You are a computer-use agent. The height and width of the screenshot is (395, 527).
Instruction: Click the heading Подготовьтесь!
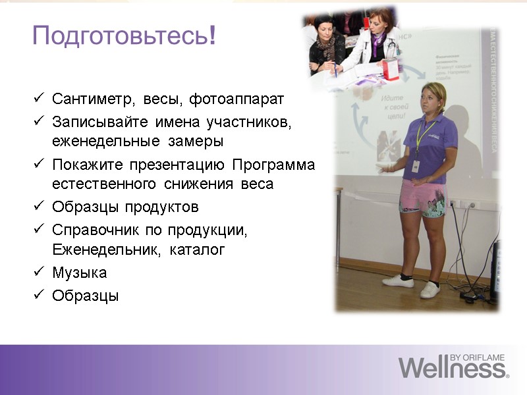[x=124, y=36]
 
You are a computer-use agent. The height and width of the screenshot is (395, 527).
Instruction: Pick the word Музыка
[x=79, y=273]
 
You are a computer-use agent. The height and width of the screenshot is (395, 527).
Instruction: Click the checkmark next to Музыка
[x=38, y=272]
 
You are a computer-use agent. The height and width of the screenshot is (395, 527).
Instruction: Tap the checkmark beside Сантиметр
[x=38, y=99]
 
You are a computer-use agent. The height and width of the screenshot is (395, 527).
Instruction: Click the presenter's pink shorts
[x=424, y=197]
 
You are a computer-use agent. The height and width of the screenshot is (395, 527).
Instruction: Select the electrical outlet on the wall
[x=470, y=205]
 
